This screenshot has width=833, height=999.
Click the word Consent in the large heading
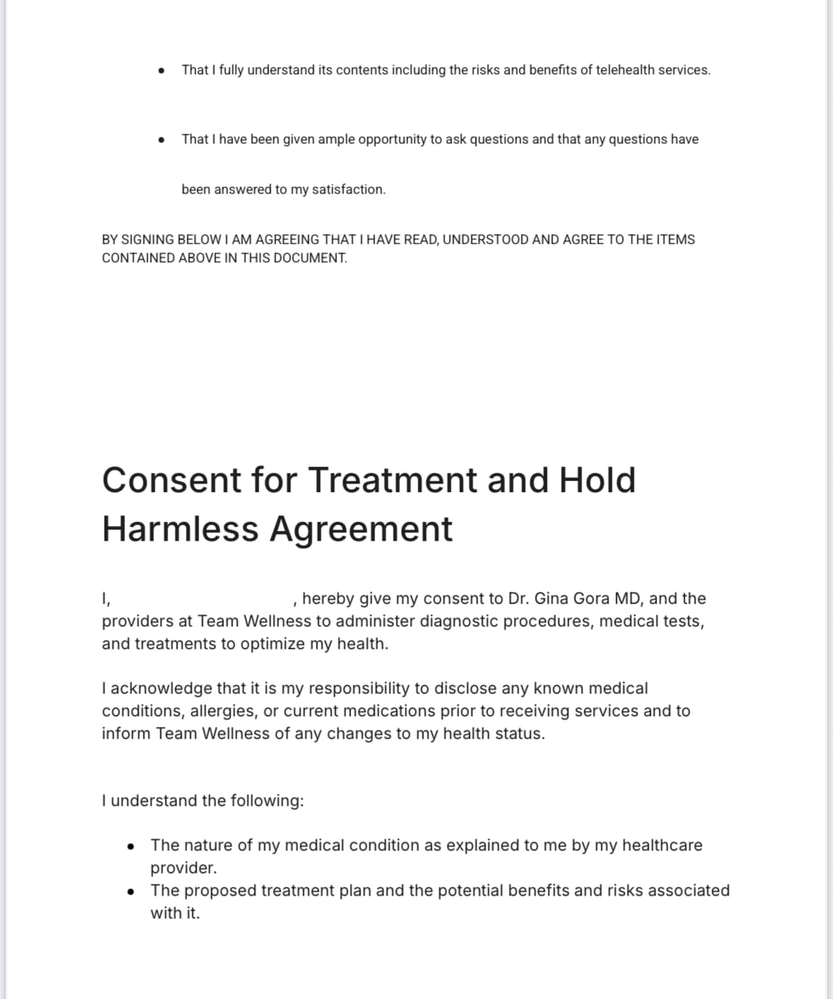point(172,480)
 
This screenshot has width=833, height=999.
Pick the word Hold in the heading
point(597,480)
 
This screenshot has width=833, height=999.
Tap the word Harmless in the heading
point(180,529)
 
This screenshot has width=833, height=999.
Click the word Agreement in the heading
point(361,529)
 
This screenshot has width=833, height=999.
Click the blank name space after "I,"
point(201,600)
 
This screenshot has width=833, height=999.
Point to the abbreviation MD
point(627,599)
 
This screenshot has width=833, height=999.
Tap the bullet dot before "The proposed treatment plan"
point(131,891)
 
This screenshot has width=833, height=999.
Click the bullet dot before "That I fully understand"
point(163,71)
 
